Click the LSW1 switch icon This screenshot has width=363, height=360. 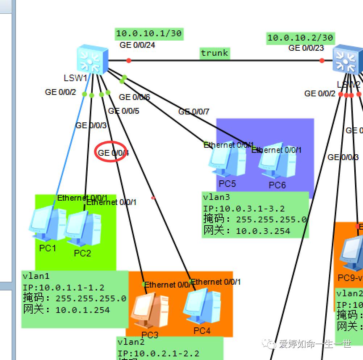click(93, 60)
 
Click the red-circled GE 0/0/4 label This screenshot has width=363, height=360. click(113, 153)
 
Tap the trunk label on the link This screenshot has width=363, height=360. click(214, 53)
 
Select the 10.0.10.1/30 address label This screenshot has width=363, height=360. click(149, 34)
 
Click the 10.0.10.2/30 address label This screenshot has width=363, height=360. click(300, 38)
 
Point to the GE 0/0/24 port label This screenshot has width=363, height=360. click(137, 45)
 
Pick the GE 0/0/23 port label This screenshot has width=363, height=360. click(306, 48)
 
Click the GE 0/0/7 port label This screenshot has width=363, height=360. click(194, 112)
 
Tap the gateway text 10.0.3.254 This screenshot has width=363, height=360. click(263, 231)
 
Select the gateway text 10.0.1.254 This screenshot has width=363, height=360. click(82, 310)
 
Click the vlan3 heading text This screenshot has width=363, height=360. click(217, 197)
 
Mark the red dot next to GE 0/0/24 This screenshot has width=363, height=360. click(129, 60)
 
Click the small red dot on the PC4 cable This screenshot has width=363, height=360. click(153, 198)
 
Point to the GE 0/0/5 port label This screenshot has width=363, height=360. click(124, 111)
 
